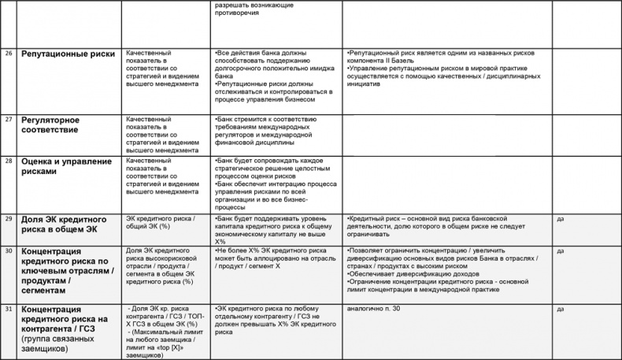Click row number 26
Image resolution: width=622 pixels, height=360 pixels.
pos(9,52)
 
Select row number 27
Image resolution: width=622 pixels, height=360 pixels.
pos(9,119)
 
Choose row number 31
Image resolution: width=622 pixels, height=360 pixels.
pos(9,308)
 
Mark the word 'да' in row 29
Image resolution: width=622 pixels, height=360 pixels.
pos(561,218)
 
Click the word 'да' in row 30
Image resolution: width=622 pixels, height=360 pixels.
pos(561,251)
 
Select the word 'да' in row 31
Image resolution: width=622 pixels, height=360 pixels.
pos(561,308)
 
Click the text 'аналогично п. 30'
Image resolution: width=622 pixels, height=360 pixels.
pos(372,308)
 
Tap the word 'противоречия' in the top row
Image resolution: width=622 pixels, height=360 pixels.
pos(237,13)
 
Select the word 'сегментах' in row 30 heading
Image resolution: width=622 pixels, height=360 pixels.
pos(49,290)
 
